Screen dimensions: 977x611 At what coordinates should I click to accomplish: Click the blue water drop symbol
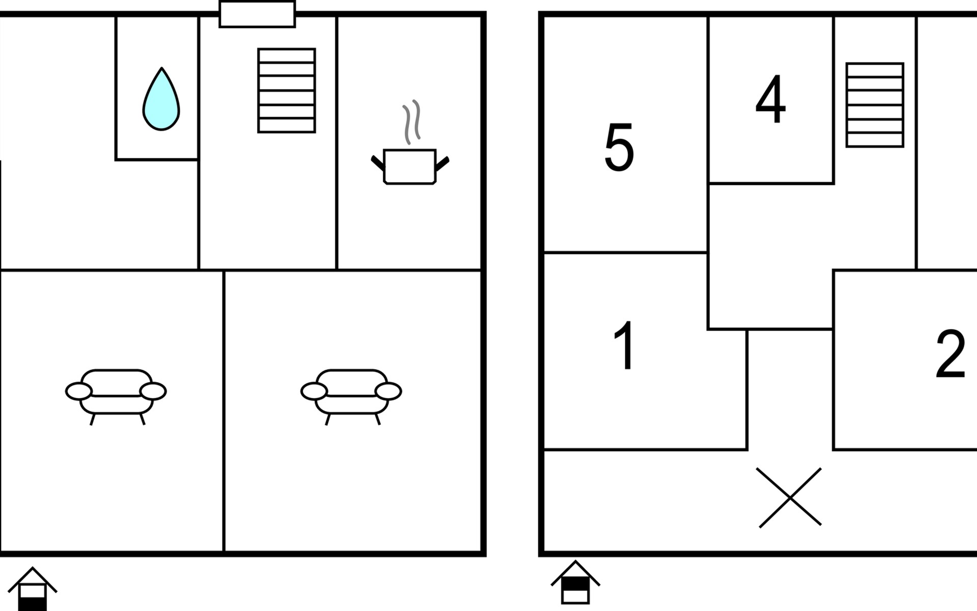point(161,99)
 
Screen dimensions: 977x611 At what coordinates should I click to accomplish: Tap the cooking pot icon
point(410,166)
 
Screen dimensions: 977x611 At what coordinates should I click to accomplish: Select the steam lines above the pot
point(412,122)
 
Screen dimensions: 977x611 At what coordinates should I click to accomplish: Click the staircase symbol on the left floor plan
point(286,91)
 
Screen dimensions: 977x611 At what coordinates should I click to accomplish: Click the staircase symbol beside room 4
point(875,105)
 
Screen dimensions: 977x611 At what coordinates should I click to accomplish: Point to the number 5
point(619,147)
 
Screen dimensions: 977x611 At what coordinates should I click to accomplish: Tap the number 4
point(770,99)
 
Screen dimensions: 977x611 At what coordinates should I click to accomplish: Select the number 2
point(951,353)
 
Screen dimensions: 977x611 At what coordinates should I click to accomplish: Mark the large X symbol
point(789,497)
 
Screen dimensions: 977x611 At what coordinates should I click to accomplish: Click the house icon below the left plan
point(33,589)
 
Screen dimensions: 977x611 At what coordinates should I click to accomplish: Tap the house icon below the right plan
point(576,582)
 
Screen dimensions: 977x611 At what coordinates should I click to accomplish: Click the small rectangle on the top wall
point(257,14)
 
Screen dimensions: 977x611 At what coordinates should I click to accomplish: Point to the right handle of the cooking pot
point(443,164)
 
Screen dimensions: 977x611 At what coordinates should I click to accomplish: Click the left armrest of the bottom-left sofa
point(79,392)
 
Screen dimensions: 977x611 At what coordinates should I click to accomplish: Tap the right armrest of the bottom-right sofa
point(388,392)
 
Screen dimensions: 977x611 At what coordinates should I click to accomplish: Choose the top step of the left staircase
point(286,55)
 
